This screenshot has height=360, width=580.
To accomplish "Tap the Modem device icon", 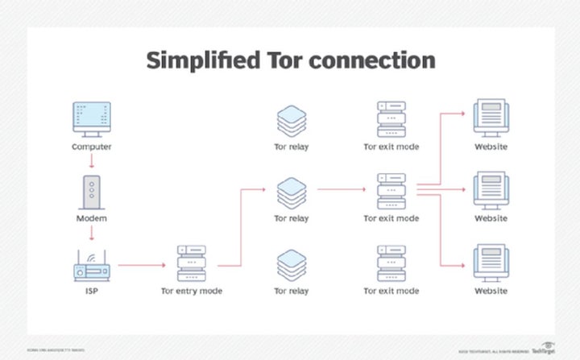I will tap(93, 190).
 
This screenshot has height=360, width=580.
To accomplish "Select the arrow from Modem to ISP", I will tap(93, 234).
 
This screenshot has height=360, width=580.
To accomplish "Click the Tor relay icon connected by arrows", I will tap(292, 192).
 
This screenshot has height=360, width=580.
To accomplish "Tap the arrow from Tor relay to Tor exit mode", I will tap(342, 191).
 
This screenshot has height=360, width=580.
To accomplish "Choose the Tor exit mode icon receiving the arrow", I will tap(391, 191).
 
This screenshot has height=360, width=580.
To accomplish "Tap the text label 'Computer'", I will tap(93, 147).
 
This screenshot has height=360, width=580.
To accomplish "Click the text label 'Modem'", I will tap(93, 218).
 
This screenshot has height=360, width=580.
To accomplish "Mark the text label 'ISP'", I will tap(93, 290).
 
